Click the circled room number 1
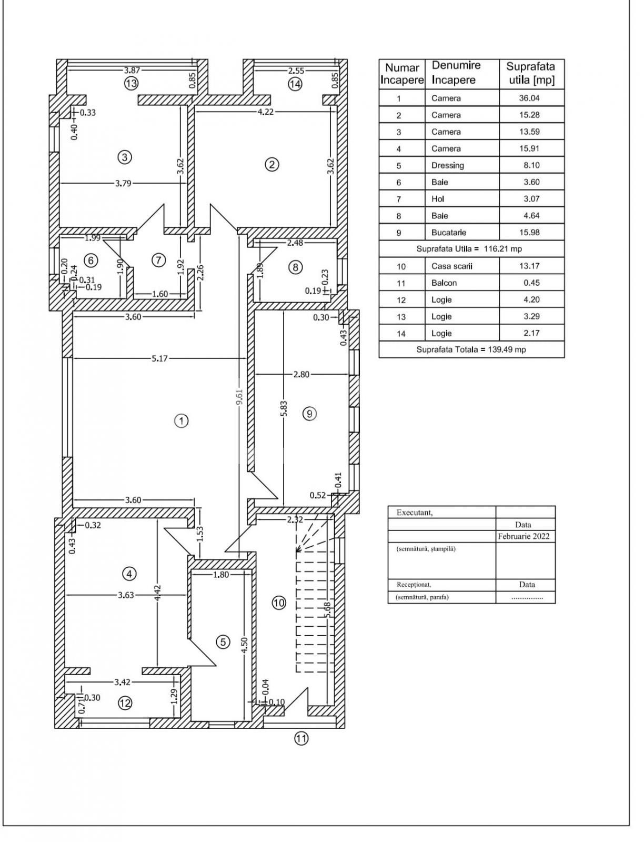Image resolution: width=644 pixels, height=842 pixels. [x=181, y=421]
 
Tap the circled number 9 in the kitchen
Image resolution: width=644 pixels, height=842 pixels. [x=309, y=414]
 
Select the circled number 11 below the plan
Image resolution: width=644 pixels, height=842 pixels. [x=300, y=739]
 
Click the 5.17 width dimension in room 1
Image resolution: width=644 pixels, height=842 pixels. [x=160, y=359]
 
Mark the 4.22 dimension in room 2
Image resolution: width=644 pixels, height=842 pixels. [x=265, y=112]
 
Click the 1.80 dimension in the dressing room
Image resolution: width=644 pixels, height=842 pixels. [x=221, y=575]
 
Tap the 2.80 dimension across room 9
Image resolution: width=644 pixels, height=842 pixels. [x=301, y=375]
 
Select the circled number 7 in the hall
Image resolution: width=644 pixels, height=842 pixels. [x=158, y=260]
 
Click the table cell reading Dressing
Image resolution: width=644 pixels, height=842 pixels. [x=448, y=165]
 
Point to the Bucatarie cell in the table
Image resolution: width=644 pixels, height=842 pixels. [x=449, y=233]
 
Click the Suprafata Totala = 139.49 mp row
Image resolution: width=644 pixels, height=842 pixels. [x=471, y=349]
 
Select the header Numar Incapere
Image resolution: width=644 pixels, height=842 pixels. [x=402, y=74]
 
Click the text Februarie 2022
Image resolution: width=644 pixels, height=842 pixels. [x=524, y=536]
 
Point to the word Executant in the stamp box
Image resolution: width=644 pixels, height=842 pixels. [x=415, y=513]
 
